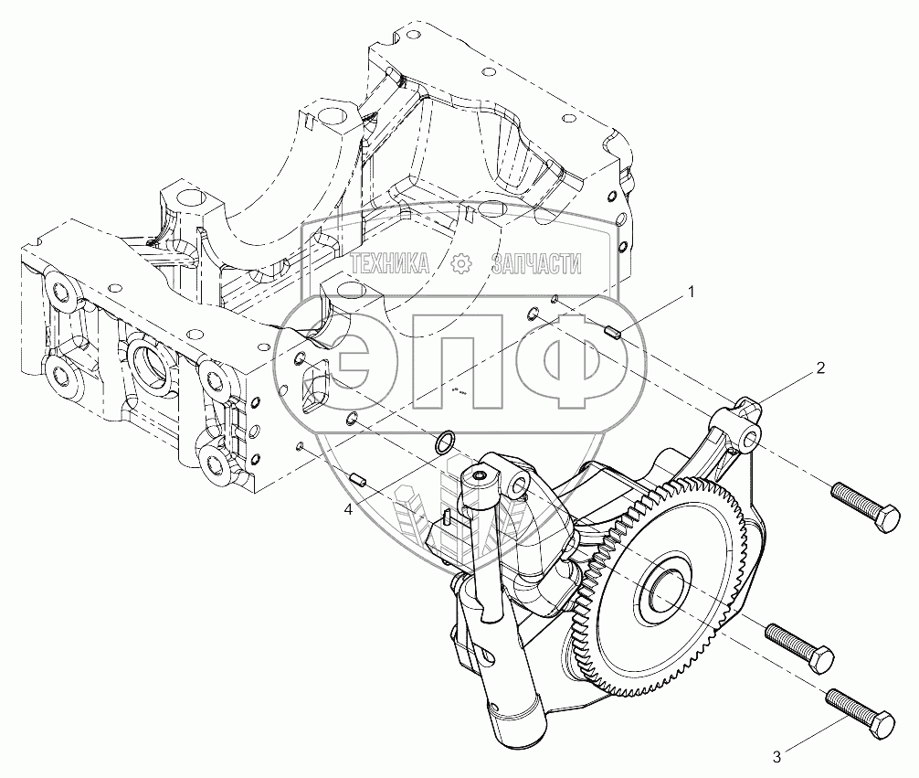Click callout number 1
point(692,292)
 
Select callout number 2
point(820,368)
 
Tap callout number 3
point(776,758)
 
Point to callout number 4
point(348,510)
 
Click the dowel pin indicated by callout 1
point(611,334)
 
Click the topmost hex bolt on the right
point(865,506)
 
